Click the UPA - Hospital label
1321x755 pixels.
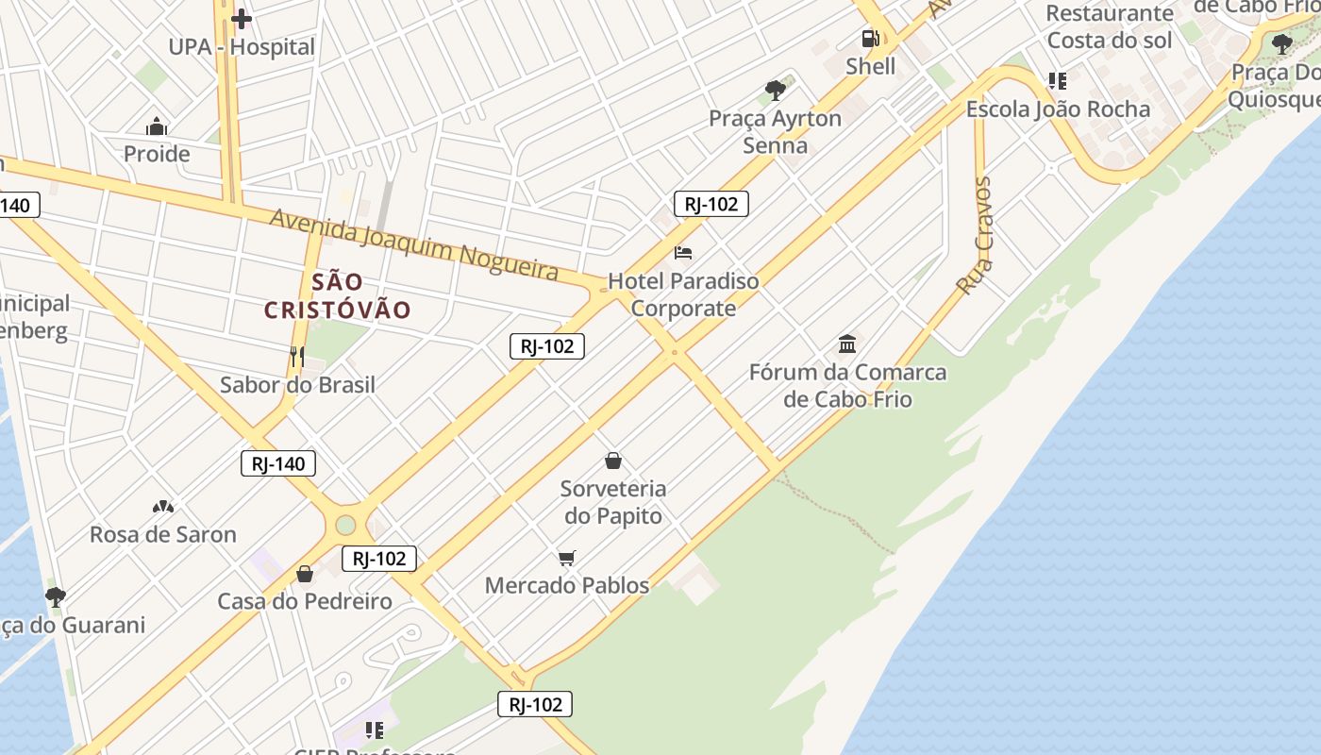(x=242, y=46)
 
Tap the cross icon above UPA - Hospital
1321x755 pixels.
(x=242, y=18)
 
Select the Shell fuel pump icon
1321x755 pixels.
(x=870, y=39)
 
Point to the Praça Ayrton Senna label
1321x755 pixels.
(x=775, y=131)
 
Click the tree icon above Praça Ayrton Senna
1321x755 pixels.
(x=776, y=91)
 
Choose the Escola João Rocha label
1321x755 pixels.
(x=1058, y=109)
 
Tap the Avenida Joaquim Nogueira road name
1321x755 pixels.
(x=414, y=243)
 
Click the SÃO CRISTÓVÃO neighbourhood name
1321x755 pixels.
(x=337, y=295)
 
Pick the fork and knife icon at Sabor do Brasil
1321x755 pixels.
(x=297, y=356)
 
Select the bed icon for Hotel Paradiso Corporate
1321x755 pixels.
(x=683, y=252)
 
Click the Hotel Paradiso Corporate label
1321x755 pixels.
(x=683, y=294)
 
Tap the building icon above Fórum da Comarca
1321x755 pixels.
(x=847, y=344)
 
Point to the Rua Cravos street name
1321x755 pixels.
(x=976, y=236)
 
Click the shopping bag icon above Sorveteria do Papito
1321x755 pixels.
(x=613, y=461)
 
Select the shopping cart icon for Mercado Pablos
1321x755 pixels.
(x=566, y=558)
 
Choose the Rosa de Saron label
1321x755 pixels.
(x=163, y=534)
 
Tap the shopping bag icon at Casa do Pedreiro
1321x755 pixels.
(x=305, y=573)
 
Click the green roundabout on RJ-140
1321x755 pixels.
(x=345, y=524)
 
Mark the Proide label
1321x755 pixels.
(x=157, y=154)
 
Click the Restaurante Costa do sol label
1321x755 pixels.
(x=1110, y=26)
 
